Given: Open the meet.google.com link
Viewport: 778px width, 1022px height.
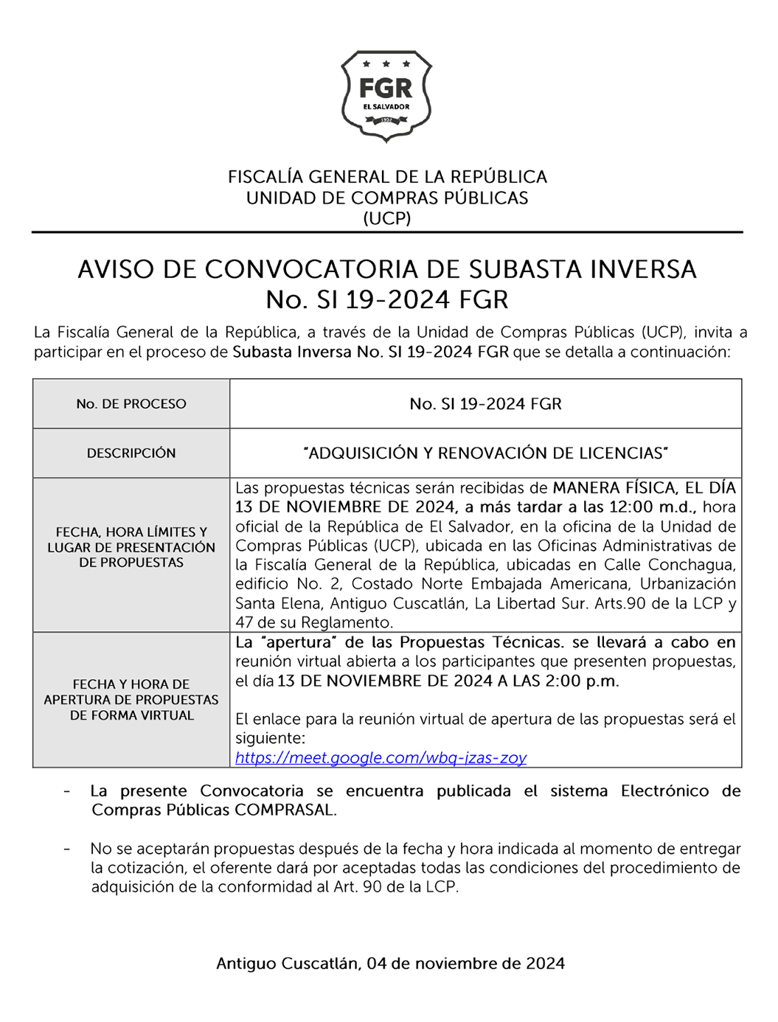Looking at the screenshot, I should pyautogui.click(x=381, y=758).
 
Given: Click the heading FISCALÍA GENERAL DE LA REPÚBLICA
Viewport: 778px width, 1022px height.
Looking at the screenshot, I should pyautogui.click(x=387, y=177).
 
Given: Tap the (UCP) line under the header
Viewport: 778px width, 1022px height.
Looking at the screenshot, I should pyautogui.click(x=387, y=218).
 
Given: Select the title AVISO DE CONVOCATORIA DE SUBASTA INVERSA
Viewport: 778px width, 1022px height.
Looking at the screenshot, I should pyautogui.click(x=387, y=269).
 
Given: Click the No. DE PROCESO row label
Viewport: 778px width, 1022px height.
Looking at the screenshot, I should pyautogui.click(x=131, y=404).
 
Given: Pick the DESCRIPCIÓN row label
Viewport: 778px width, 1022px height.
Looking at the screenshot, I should pyautogui.click(x=131, y=453).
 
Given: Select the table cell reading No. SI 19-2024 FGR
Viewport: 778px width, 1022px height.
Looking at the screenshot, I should pyautogui.click(x=485, y=404).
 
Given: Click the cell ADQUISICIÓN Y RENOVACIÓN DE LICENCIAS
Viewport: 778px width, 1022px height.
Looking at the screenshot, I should pyautogui.click(x=485, y=453).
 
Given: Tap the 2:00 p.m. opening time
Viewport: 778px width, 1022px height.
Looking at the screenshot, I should pyautogui.click(x=582, y=681).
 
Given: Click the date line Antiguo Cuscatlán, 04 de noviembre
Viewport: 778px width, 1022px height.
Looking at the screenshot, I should pyautogui.click(x=390, y=964).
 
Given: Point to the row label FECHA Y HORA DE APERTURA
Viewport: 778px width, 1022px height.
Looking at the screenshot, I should pyautogui.click(x=131, y=699).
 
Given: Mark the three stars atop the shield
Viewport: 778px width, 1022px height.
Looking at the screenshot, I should pyautogui.click(x=386, y=64).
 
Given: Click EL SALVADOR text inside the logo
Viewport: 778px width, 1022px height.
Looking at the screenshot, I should pyautogui.click(x=386, y=107).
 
